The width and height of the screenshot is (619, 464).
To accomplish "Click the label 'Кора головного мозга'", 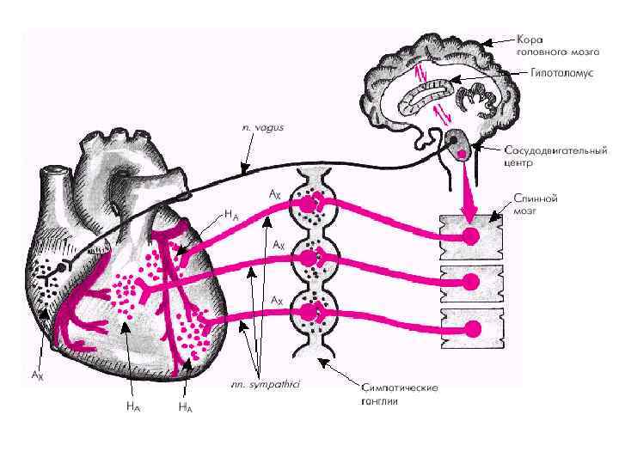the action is click(551, 46).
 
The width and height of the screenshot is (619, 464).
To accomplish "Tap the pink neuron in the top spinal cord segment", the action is click(470, 236).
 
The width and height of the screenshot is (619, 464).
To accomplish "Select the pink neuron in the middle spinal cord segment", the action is click(471, 282).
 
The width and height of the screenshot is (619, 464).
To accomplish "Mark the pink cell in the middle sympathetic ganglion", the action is click(307, 256).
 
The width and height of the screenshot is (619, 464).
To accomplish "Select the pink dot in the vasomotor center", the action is click(462, 153).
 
